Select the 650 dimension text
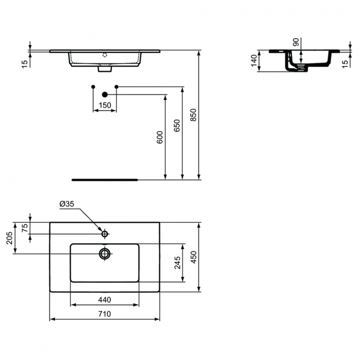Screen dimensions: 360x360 [x=177, y=126]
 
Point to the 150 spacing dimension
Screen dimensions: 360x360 [x=105, y=105]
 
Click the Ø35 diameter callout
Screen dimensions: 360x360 [x=67, y=204]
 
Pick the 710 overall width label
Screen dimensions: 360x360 [x=105, y=314]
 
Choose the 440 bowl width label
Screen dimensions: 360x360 [x=105, y=300]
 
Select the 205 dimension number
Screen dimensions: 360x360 [x=10, y=238]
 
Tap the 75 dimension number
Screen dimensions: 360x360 [x=24, y=228]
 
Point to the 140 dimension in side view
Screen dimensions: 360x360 [x=254, y=61]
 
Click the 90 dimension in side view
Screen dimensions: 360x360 [x=296, y=42]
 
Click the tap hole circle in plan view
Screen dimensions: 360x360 [x=105, y=234]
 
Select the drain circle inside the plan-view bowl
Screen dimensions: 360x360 [x=105, y=253]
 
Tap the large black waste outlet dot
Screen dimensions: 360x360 [x=105, y=95]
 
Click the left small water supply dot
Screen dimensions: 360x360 [x=93, y=86]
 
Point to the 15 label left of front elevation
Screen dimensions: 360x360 [x=24, y=63]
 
